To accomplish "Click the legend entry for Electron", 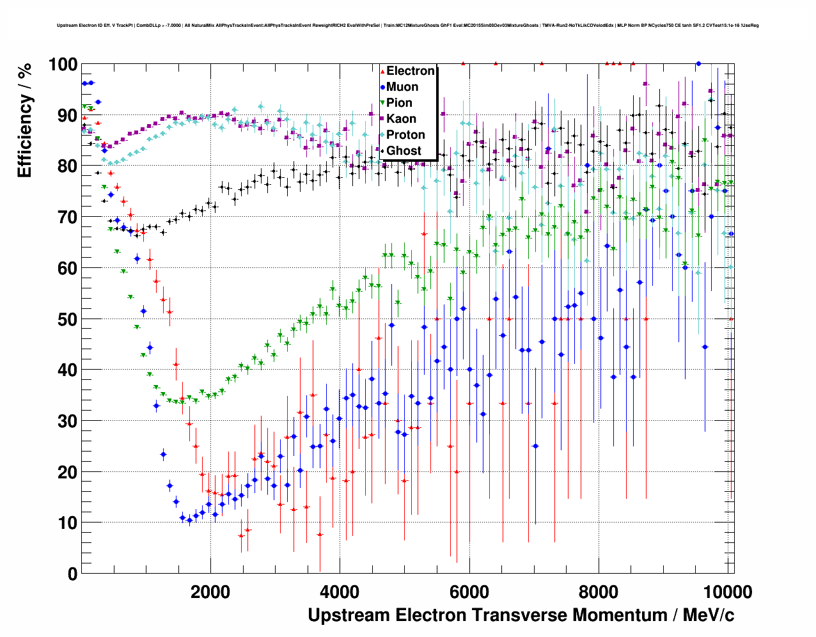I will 411,71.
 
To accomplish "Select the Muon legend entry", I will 402,87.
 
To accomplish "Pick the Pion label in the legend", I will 399,103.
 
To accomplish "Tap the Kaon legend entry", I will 401,119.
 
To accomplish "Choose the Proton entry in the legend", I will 405,135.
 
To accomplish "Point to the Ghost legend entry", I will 404,151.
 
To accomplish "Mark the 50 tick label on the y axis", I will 67,319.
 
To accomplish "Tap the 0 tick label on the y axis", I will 72,574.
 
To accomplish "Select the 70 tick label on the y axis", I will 67,217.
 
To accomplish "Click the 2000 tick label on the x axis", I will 210,592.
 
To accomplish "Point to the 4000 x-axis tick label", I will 340,592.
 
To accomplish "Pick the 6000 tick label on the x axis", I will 469,592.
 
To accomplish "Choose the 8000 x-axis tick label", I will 599,592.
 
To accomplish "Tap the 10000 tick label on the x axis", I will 728,592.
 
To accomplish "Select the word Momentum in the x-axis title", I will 620,615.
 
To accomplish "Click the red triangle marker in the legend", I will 382,71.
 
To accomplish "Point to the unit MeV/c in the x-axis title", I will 709,615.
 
